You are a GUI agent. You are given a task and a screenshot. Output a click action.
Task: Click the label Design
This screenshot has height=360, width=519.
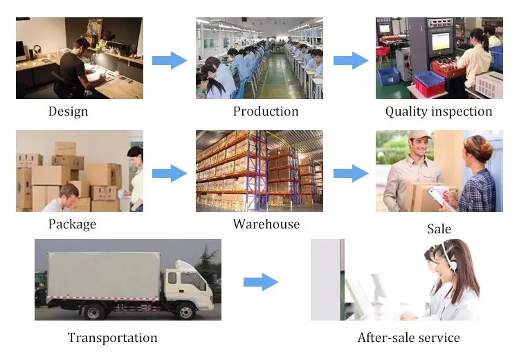[69, 111]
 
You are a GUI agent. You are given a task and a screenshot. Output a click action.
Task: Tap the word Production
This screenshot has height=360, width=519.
[266, 111]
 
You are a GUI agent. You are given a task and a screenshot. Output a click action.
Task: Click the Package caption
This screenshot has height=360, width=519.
[72, 224]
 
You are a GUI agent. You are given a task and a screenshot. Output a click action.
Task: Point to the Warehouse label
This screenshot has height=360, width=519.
[266, 224]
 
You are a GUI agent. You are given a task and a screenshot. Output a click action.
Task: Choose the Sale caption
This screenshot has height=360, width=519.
[439, 229]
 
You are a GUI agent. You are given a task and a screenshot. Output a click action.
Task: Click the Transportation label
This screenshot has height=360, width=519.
[113, 338]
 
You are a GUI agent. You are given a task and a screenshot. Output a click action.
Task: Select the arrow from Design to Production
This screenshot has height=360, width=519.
[170, 61]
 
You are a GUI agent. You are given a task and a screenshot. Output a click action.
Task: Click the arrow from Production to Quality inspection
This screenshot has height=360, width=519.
[351, 61]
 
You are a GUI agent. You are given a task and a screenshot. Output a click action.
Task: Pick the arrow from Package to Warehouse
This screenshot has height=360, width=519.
[170, 173]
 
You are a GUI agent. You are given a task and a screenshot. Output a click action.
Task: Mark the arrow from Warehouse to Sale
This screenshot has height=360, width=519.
[351, 173]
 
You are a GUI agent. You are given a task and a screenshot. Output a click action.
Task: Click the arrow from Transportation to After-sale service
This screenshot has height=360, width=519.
[261, 282]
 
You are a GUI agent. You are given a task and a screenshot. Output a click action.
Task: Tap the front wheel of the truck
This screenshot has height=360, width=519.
[185, 312]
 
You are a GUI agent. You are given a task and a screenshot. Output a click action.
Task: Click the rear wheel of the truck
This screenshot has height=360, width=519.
[93, 312]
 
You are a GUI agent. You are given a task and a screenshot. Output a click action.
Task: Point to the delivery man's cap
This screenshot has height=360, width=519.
[419, 135]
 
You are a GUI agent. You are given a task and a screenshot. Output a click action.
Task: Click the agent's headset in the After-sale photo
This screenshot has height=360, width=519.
[450, 262]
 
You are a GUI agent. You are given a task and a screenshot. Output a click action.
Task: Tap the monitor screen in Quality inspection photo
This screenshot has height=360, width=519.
[440, 42]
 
